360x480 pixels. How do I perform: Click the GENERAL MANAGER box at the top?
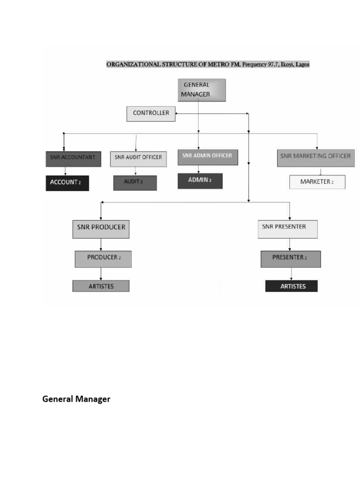(202, 90)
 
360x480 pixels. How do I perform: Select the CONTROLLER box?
(151, 113)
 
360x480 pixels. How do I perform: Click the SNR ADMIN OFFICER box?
(208, 157)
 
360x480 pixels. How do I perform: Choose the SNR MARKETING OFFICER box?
(315, 157)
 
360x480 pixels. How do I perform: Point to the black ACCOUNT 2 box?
(67, 183)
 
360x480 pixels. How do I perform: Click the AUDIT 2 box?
(135, 182)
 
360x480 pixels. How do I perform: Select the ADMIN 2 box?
(200, 181)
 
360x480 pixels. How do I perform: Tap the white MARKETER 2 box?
(317, 182)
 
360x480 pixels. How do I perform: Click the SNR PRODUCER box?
(101, 228)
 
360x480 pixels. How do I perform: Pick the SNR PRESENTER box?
(288, 228)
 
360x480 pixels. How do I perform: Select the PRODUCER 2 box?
(103, 259)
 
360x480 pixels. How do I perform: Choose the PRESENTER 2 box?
(291, 259)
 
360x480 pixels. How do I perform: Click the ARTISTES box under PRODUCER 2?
(101, 286)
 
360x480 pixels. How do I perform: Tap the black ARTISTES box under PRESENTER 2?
(292, 286)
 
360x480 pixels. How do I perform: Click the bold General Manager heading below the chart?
(76, 399)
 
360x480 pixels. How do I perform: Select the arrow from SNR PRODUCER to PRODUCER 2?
(101, 244)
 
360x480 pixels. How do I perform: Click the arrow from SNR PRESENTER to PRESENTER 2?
(289, 244)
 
